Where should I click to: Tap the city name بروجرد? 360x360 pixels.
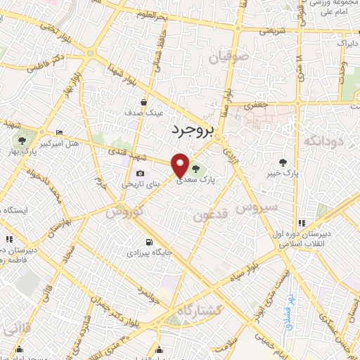point(191,129)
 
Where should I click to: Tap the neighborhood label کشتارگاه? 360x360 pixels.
point(199,309)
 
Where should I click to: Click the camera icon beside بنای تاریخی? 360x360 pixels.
point(140,174)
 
